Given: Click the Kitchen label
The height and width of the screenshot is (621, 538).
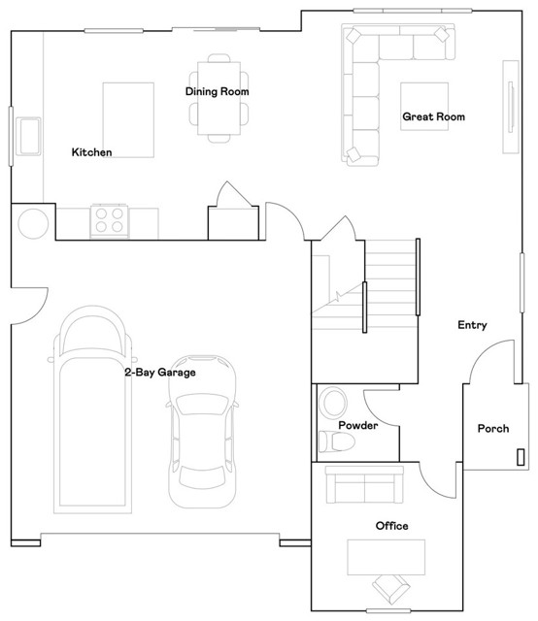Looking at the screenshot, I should pyautogui.click(x=92, y=152).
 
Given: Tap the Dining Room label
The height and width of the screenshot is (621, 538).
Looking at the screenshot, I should pyautogui.click(x=218, y=92).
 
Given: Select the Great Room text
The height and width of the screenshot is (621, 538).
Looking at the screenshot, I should pyautogui.click(x=433, y=117).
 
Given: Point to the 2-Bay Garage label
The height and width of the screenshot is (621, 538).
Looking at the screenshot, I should pyautogui.click(x=159, y=372).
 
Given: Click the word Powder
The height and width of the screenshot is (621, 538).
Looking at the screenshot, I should pyautogui.click(x=357, y=426).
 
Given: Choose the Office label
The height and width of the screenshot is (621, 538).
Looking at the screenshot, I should pyautogui.click(x=391, y=526).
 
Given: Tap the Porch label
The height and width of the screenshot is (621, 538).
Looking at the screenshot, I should pyautogui.click(x=492, y=429).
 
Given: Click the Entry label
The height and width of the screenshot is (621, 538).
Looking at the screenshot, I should pyautogui.click(x=472, y=325).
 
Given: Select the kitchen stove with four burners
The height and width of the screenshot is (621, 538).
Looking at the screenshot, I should pyautogui.click(x=109, y=221).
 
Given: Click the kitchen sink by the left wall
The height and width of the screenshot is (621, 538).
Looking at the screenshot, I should pyautogui.click(x=28, y=132).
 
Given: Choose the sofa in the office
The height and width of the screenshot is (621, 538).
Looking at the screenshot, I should pyautogui.click(x=364, y=483).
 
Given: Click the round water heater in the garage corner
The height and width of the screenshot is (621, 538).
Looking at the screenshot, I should pyautogui.click(x=32, y=224).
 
